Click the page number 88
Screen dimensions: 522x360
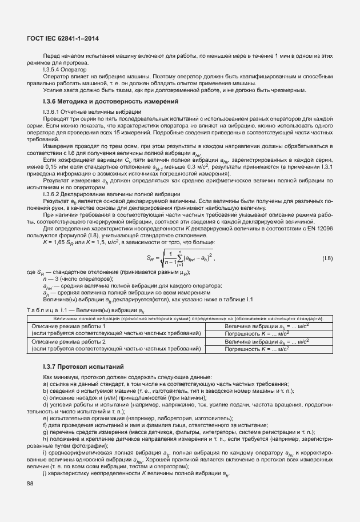pyautogui.click(x=30, y=484)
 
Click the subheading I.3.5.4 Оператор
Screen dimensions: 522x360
pyautogui.click(x=63, y=69)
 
